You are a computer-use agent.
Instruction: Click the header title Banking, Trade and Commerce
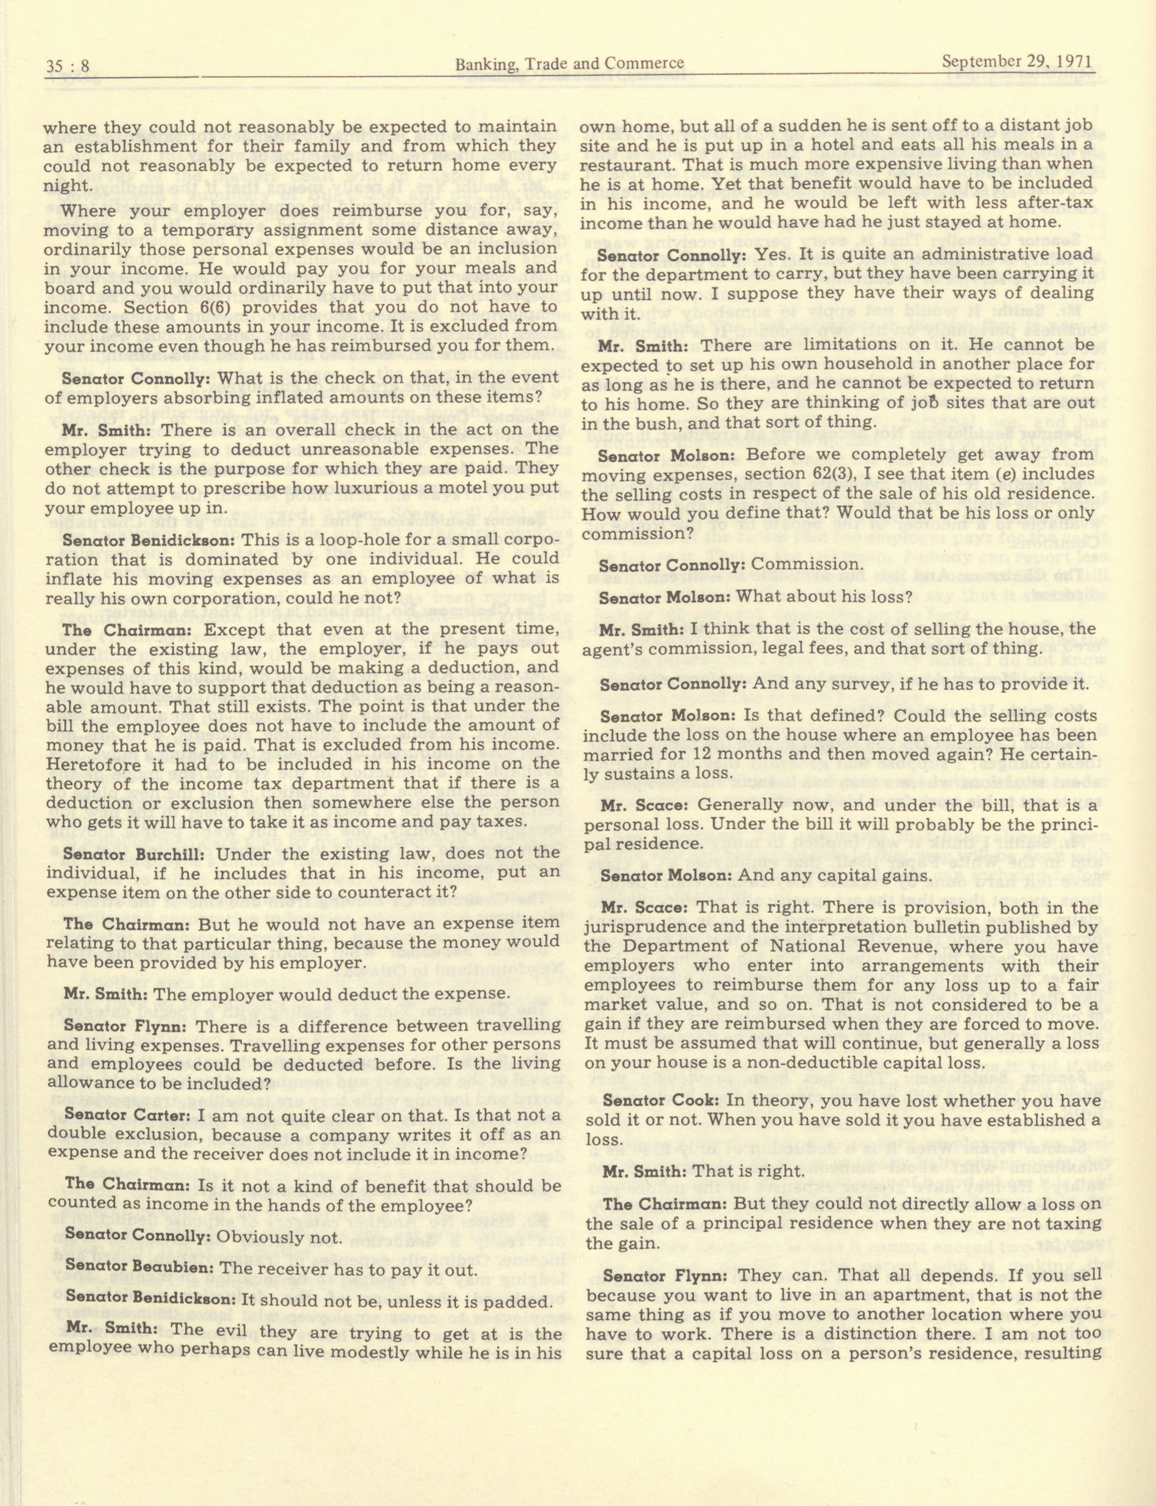tap(570, 64)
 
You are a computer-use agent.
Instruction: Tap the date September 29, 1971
tap(1017, 62)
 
